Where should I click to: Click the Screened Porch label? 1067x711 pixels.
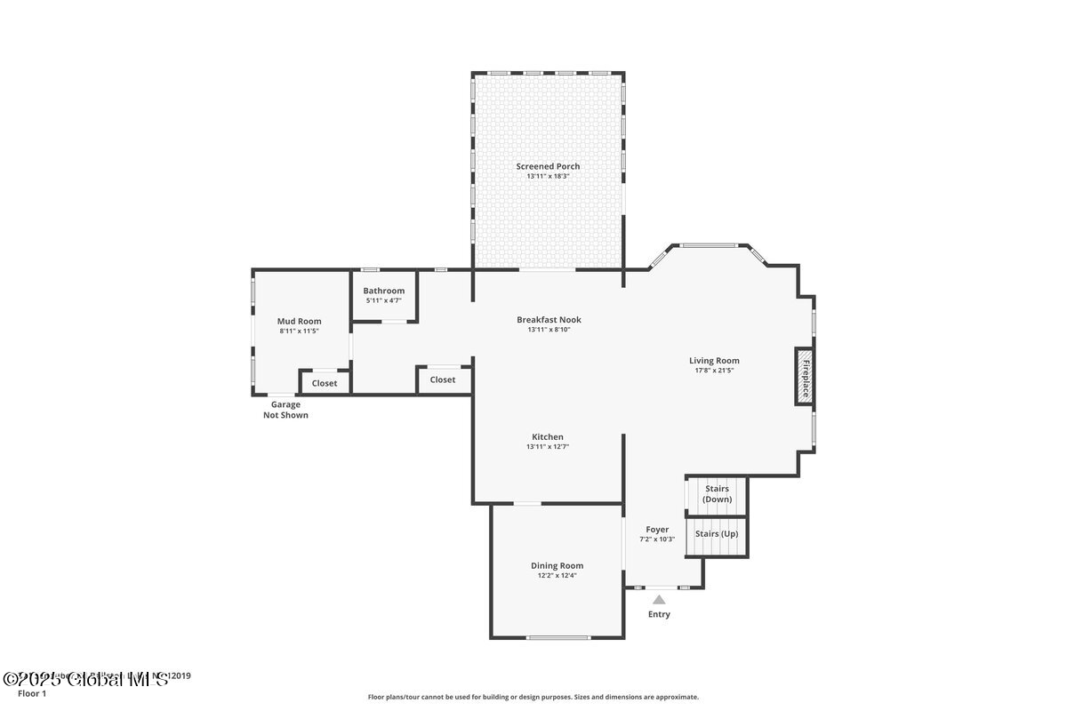pos(548,166)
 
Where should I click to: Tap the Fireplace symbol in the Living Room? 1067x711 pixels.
pos(805,376)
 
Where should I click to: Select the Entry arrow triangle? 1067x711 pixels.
pos(659,600)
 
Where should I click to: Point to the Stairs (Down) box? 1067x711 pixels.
pos(717,494)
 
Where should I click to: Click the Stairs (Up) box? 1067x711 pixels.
pos(717,535)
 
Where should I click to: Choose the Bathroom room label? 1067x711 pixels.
pos(383,291)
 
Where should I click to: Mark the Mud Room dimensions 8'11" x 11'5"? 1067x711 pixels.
pos(299,331)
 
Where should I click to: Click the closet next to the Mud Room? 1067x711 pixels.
pos(325,383)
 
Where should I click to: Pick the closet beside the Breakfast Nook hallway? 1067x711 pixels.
pos(443,379)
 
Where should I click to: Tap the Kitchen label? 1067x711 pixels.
pos(548,436)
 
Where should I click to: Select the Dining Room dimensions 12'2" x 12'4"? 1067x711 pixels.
pos(558,575)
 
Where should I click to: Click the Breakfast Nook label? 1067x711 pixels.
pos(549,319)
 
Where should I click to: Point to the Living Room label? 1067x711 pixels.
pos(714,360)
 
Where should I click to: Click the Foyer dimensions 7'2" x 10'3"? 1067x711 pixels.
pos(657,539)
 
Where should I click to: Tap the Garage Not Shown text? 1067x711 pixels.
pos(285,410)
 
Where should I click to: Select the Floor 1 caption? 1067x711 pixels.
pos(32,693)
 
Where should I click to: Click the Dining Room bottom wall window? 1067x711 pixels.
pos(558,637)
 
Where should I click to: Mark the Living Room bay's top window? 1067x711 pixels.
pos(709,244)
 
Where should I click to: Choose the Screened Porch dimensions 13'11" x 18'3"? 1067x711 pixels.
pos(548,176)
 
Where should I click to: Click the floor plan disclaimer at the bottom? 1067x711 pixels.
pos(533,697)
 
